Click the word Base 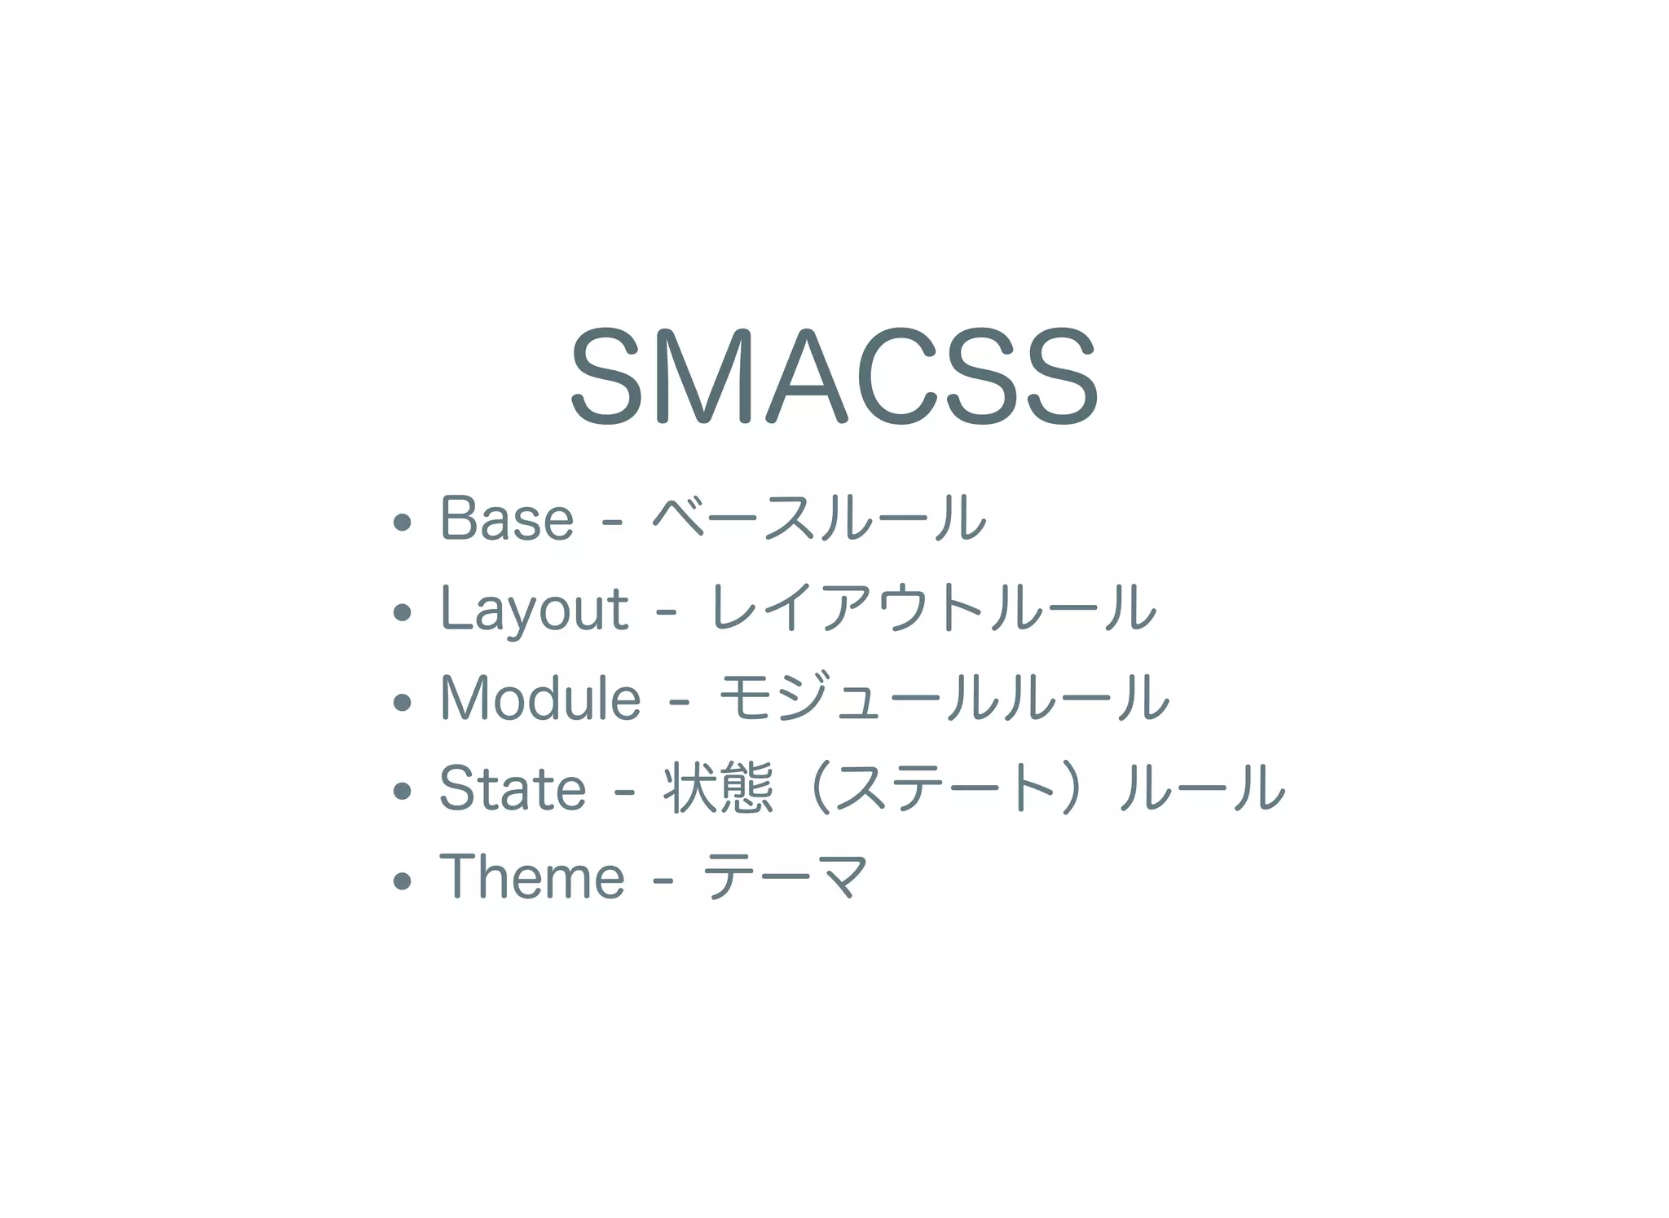pos(507,519)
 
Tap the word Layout pos(534,609)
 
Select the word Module pos(540,699)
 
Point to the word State pos(513,788)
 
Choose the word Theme pos(532,878)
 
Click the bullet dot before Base pos(402,522)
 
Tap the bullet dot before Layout pos(402,611)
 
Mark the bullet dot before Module pos(402,701)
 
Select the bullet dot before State pos(402,791)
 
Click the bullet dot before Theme pos(402,880)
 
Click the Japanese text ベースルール pos(819,519)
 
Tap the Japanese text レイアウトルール pos(932,609)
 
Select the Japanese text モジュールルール pos(944,699)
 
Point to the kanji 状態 pos(718,788)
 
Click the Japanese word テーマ pos(786,878)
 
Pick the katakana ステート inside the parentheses pos(945,788)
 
